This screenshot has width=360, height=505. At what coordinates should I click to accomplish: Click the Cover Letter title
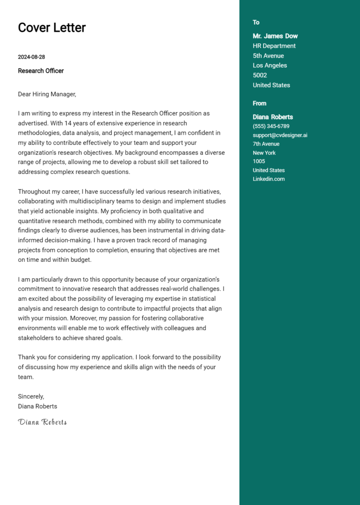pyautogui.click(x=52, y=28)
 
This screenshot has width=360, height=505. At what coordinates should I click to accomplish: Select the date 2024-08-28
pyautogui.click(x=31, y=57)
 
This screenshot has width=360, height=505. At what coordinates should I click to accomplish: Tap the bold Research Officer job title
pyautogui.click(x=41, y=71)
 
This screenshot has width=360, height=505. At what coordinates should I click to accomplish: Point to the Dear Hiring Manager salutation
pyautogui.click(x=47, y=94)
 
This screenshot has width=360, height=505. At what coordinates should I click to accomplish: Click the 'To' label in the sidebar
pyautogui.click(x=256, y=22)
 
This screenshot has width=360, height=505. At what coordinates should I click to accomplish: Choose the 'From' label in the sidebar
pyautogui.click(x=259, y=104)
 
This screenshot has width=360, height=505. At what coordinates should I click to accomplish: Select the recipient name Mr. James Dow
pyautogui.click(x=275, y=36)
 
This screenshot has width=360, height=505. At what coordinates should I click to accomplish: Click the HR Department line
pyautogui.click(x=274, y=46)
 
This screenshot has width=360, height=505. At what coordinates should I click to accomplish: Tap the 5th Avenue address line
pyautogui.click(x=268, y=56)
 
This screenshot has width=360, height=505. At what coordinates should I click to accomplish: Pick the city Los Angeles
pyautogui.click(x=270, y=66)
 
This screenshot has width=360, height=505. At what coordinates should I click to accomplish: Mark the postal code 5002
pyautogui.click(x=260, y=75)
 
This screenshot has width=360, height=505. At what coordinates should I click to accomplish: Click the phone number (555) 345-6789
pyautogui.click(x=271, y=126)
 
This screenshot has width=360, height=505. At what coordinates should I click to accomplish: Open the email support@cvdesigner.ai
pyautogui.click(x=280, y=135)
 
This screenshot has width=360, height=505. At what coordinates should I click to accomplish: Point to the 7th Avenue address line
pyautogui.click(x=266, y=144)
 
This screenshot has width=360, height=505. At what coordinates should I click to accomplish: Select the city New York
pyautogui.click(x=264, y=153)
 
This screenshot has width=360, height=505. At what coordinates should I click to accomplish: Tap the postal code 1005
pyautogui.click(x=259, y=161)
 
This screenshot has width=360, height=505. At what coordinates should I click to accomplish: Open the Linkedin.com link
pyautogui.click(x=269, y=179)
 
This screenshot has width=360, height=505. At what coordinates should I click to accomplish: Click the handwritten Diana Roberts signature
pyautogui.click(x=42, y=422)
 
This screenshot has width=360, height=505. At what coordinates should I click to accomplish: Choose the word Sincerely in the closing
pyautogui.click(x=30, y=396)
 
